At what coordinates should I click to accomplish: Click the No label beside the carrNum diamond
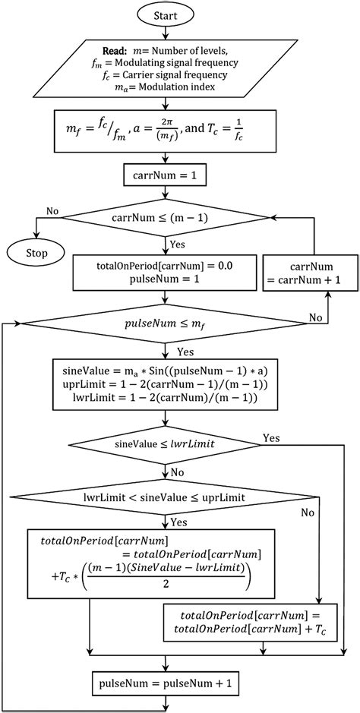(52, 210)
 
